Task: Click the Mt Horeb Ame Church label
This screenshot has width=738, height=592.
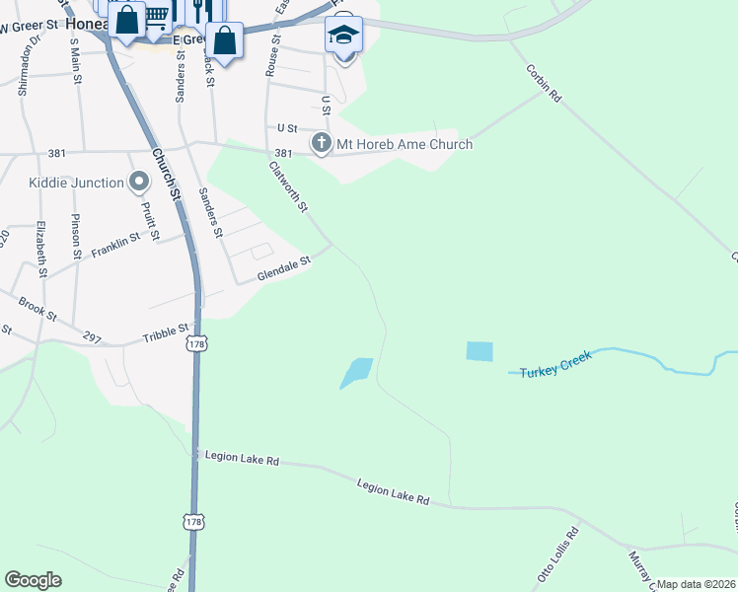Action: tap(405, 144)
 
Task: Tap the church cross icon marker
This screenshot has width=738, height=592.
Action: tap(321, 144)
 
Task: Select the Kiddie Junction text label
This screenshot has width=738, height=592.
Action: tap(77, 183)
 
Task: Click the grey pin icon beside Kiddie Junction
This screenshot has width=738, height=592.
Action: tap(139, 182)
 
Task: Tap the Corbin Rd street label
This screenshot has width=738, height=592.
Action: tap(544, 84)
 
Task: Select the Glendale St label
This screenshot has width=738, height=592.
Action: tap(284, 267)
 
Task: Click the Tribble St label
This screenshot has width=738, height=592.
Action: tap(165, 335)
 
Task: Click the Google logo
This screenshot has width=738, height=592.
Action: tap(33, 580)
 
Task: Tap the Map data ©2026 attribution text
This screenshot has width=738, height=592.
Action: tap(696, 584)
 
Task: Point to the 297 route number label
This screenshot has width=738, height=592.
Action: tap(92, 337)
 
